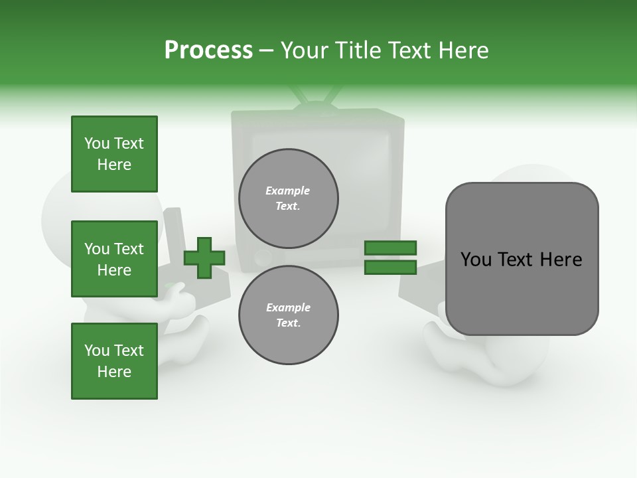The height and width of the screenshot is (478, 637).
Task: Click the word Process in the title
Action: point(208,50)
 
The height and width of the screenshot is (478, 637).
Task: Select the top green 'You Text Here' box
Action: point(114,154)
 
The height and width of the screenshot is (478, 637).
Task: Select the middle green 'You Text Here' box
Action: point(114,259)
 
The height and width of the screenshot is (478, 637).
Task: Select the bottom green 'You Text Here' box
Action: point(114,360)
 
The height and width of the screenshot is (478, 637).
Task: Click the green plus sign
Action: point(204,258)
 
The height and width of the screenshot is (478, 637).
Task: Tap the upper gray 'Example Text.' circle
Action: point(288,198)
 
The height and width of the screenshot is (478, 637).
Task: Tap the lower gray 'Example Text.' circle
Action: point(288,315)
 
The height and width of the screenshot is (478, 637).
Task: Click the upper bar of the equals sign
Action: point(390,248)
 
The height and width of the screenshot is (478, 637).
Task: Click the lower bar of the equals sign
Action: point(390,268)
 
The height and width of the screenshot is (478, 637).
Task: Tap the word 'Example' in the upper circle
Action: point(288,191)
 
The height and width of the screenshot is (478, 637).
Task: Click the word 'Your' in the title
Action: point(304,50)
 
